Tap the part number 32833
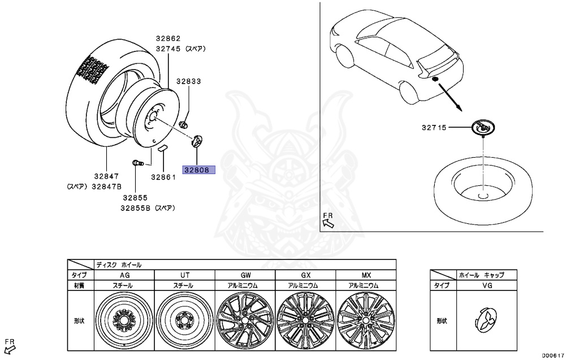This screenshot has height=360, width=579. coord(188,81)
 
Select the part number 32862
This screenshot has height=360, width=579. coord(168,38)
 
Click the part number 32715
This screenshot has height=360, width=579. coord(434,128)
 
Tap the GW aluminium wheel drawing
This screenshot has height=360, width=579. coord(244,321)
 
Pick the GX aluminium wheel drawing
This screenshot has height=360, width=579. coord(305,321)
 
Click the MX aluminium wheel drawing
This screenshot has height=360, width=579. coord(365,321)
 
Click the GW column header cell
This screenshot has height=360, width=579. coord(244,275)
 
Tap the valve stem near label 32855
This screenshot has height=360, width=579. coord(138,163)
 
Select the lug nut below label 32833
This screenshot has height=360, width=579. coord(183,124)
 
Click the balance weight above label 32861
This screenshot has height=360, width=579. coord(162,148)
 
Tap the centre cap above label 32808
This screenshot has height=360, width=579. coord(196,141)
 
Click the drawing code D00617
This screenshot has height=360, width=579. coord(552,355)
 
